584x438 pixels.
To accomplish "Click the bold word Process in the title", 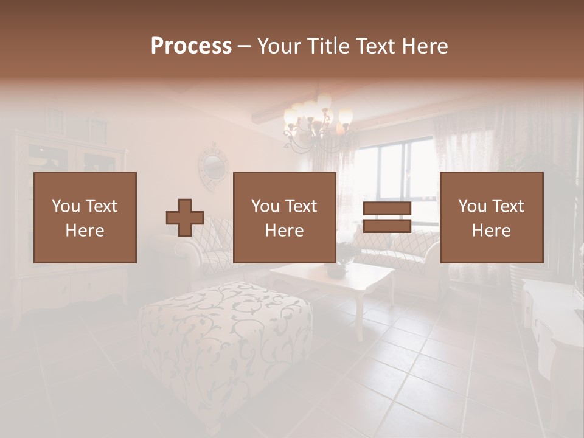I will pyautogui.click(x=191, y=46).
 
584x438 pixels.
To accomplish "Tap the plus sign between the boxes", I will pyautogui.click(x=185, y=218).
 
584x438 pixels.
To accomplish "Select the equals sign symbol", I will pyautogui.click(x=387, y=217).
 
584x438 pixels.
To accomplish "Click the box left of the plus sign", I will pyautogui.click(x=85, y=217).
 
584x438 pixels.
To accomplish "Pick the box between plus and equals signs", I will pyautogui.click(x=285, y=217).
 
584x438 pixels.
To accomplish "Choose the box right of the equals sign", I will pyautogui.click(x=492, y=217).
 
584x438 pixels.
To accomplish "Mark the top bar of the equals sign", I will pyautogui.click(x=387, y=209).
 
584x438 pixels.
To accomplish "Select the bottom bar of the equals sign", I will pyautogui.click(x=387, y=226).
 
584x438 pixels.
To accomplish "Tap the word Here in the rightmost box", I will pyautogui.click(x=492, y=231).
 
